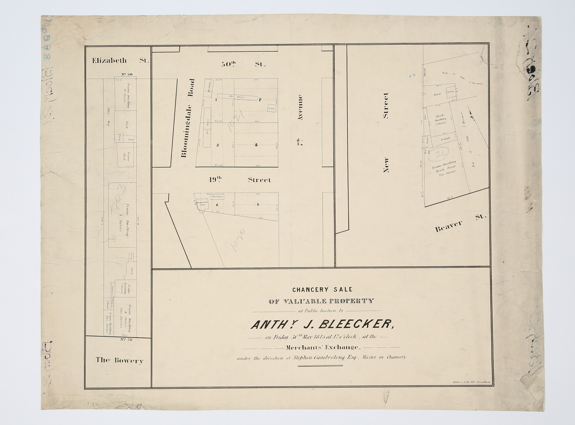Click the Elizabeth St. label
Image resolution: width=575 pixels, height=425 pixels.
point(120,61)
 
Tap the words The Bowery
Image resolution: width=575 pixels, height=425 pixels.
point(119,360)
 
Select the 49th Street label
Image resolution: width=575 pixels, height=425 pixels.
point(239,180)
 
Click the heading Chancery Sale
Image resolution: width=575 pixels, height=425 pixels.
point(322,290)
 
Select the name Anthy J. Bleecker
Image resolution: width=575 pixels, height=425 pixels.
point(322,325)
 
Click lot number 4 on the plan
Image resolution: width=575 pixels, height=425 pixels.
point(256,145)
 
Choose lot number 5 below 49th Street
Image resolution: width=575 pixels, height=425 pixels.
point(258,205)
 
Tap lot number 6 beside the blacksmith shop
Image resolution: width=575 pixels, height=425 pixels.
point(217,205)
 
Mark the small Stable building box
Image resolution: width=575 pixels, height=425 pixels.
point(272,108)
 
